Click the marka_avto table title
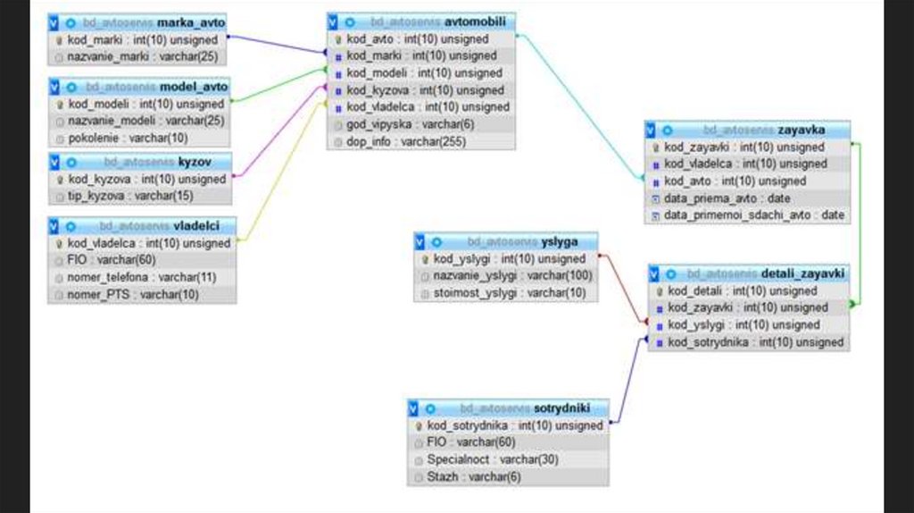pos(191,21)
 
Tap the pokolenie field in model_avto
pos(129,138)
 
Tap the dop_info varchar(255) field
pos(406,141)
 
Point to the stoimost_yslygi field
pos(510,292)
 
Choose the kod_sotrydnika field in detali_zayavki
pos(755,342)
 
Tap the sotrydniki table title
pos(559,408)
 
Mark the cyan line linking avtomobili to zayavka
pos(580,106)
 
